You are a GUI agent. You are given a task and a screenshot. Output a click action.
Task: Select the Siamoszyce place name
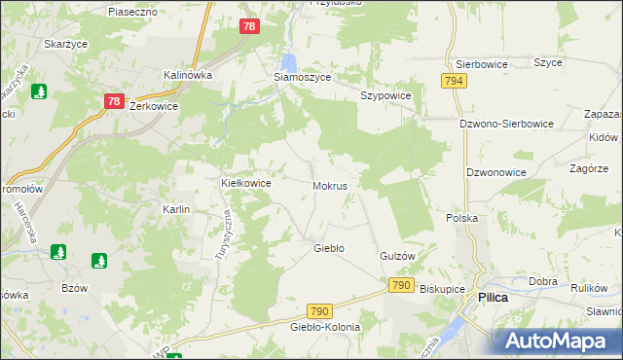pyautogui.click(x=302, y=77)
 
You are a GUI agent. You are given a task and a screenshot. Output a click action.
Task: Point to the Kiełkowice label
pyautogui.click(x=245, y=182)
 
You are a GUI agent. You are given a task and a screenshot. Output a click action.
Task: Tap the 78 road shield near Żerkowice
pyautogui.click(x=113, y=101)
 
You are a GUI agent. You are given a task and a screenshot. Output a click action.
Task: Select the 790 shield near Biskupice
pyautogui.click(x=399, y=285)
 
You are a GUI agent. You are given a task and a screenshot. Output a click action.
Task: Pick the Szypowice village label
pyautogui.click(x=386, y=96)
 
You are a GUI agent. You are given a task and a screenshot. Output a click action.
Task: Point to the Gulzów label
pyautogui.click(x=397, y=255)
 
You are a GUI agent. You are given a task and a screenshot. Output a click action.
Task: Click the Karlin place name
pyautogui.click(x=175, y=209)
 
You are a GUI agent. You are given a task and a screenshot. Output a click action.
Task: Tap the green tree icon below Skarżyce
pyautogui.click(x=40, y=91)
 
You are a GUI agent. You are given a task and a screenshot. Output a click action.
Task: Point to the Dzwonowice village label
pyautogui.click(x=495, y=172)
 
